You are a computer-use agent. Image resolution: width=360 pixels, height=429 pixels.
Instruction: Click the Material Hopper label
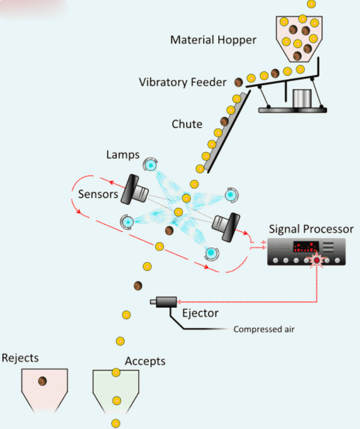(x=213, y=40)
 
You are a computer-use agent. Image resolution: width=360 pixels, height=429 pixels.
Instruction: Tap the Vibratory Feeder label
(x=183, y=82)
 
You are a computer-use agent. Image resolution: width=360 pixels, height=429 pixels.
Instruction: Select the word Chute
(x=187, y=124)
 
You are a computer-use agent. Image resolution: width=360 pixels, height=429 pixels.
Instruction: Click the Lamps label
(x=122, y=154)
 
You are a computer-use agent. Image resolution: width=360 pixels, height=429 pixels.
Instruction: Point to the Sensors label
(x=98, y=194)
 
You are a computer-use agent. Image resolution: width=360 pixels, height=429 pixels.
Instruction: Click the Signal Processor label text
(x=311, y=229)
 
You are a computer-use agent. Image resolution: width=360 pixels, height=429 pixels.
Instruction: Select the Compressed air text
(x=264, y=329)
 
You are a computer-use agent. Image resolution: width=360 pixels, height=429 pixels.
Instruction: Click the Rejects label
(x=20, y=358)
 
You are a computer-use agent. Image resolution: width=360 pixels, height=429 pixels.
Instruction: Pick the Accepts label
(x=145, y=361)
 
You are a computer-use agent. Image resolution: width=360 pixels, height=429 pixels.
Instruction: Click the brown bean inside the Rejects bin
(x=42, y=382)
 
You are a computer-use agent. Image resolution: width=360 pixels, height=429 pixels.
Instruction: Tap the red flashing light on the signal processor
(x=316, y=260)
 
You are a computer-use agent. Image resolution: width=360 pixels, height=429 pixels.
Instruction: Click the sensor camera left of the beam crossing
(x=134, y=189)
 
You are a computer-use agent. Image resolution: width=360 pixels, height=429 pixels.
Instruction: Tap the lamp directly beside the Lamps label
(x=150, y=164)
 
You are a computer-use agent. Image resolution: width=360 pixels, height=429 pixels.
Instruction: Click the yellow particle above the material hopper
(x=311, y=4)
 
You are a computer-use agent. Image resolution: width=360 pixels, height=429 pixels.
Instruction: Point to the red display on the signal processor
(x=304, y=247)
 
